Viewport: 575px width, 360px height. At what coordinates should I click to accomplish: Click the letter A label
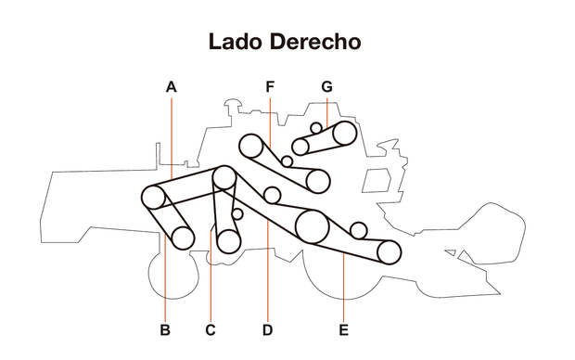[x=171, y=86]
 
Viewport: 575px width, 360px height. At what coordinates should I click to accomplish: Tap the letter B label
[x=164, y=329]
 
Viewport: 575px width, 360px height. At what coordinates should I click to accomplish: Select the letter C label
[x=211, y=329]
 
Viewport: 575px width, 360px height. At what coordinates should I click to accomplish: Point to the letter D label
[x=267, y=329]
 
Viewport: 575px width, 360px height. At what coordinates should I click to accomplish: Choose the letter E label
[x=343, y=329]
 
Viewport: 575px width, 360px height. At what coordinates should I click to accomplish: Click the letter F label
[x=270, y=86]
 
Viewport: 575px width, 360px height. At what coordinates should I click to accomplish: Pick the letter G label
[x=326, y=86]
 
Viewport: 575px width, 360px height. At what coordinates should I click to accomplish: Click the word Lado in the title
[x=237, y=42]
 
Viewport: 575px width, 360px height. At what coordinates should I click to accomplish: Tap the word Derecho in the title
[x=316, y=42]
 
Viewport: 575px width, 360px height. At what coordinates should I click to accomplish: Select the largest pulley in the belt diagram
[x=312, y=225]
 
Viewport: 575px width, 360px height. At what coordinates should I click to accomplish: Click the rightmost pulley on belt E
[x=389, y=251]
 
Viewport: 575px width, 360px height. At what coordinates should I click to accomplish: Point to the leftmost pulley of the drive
[x=153, y=197]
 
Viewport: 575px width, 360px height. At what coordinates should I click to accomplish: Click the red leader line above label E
[x=343, y=288]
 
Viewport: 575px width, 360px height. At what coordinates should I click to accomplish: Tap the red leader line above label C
[x=211, y=288]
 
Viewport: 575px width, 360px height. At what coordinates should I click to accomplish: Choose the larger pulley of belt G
[x=344, y=133]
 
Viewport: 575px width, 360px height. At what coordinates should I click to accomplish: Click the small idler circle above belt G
[x=316, y=127]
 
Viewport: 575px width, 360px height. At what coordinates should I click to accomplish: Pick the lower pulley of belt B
[x=183, y=238]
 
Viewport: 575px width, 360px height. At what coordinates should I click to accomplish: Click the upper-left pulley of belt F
[x=249, y=145]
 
